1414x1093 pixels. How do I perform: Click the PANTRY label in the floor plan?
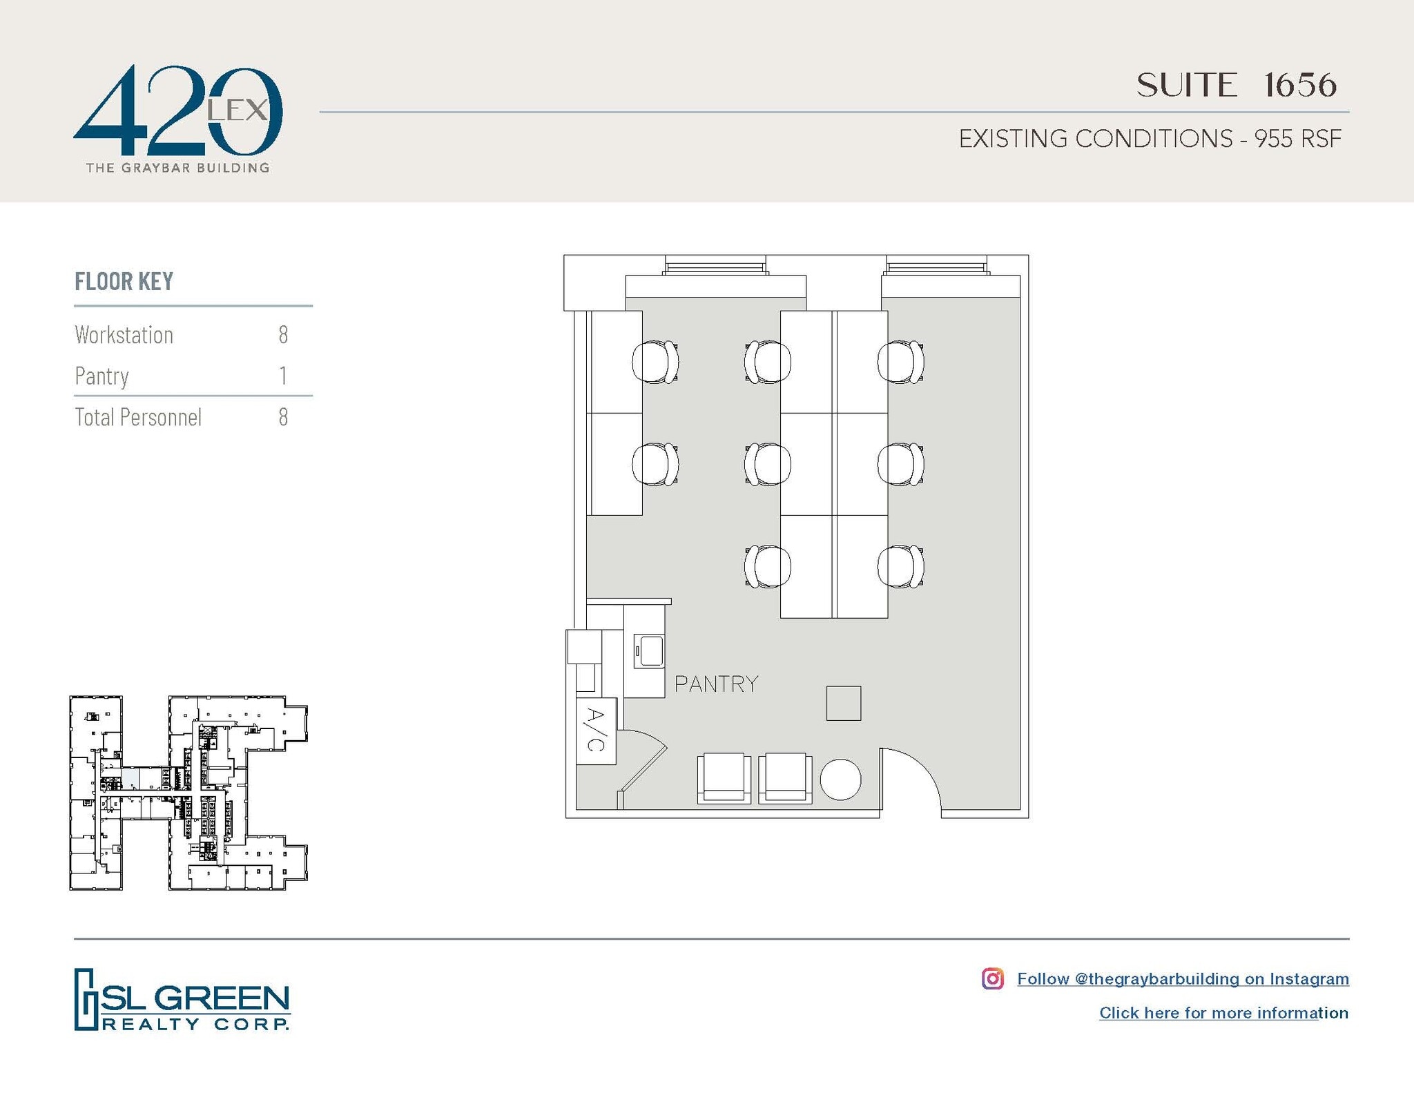tap(716, 684)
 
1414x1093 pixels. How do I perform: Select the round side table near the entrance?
tap(840, 780)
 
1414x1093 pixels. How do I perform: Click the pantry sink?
tap(649, 650)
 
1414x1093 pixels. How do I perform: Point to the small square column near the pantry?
tap(844, 703)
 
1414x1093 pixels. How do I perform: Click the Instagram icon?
tap(992, 978)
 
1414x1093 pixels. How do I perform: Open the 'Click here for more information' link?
tap(1223, 1013)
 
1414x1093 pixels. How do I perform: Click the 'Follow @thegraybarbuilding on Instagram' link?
tap(1183, 978)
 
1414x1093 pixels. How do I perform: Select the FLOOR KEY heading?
tap(124, 282)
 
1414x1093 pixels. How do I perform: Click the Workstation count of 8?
tap(283, 335)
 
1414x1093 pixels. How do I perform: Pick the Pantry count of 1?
tap(283, 376)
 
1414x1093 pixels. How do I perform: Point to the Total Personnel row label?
tap(138, 417)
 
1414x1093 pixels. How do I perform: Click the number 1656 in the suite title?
tap(1300, 86)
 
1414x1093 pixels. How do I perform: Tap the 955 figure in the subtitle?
tap(1273, 139)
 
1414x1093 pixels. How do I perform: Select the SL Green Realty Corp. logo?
tap(182, 999)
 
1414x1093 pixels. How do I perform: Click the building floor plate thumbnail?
tap(188, 793)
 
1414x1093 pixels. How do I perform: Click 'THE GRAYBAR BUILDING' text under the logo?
tap(177, 168)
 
